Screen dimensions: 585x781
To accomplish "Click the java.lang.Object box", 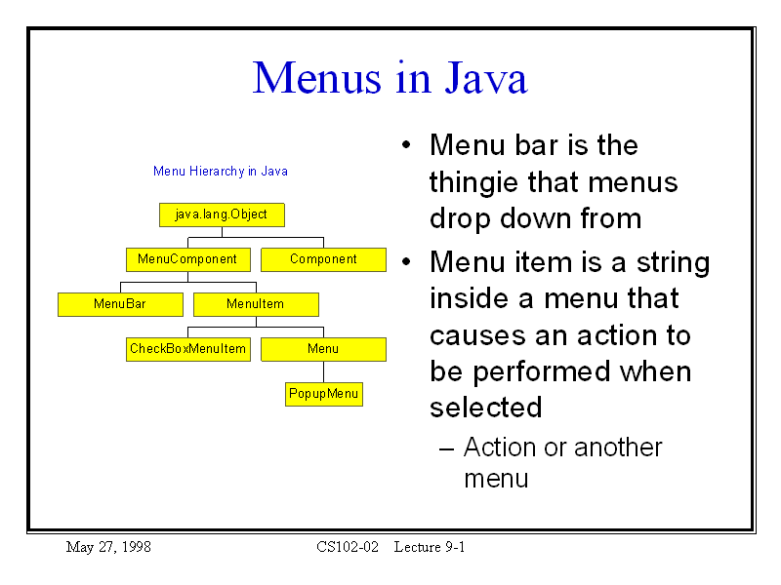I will pos(222,214).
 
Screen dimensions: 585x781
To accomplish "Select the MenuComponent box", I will pos(187,259).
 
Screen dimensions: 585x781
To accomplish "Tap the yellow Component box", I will pos(323,259).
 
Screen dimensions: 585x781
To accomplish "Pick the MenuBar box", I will pos(120,304).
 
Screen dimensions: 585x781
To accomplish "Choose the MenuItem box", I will pos(256,304).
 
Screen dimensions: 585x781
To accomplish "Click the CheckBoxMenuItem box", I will pos(187,349).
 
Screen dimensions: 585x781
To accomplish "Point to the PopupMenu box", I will pos(324,394).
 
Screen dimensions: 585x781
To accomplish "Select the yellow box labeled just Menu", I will pos(323,349).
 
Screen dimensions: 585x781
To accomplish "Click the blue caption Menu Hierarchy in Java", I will pos(221,172).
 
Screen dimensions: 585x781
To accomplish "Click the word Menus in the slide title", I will pos(310,78).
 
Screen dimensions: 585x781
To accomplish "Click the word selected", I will pos(485,408).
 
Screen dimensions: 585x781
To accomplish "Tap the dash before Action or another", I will pos(446,448).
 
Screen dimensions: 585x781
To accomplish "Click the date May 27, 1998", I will pos(108,547).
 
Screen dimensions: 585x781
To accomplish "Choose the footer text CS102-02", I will pos(347,547).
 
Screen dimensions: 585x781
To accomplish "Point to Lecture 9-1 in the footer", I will pos(430,547).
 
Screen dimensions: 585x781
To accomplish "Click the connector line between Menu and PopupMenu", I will pos(324,372).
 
